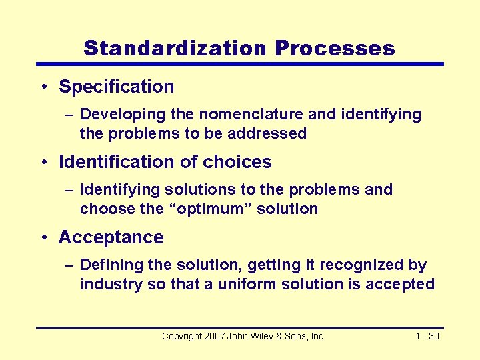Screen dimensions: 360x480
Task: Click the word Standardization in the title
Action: click(x=175, y=48)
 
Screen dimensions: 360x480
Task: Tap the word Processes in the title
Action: click(x=335, y=48)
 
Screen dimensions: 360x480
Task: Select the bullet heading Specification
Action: click(x=117, y=87)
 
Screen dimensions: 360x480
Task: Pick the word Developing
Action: click(x=122, y=115)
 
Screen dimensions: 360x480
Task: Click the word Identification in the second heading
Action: click(x=119, y=162)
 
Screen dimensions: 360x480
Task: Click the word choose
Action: click(x=103, y=209)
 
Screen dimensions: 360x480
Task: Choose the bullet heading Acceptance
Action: click(x=111, y=237)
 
